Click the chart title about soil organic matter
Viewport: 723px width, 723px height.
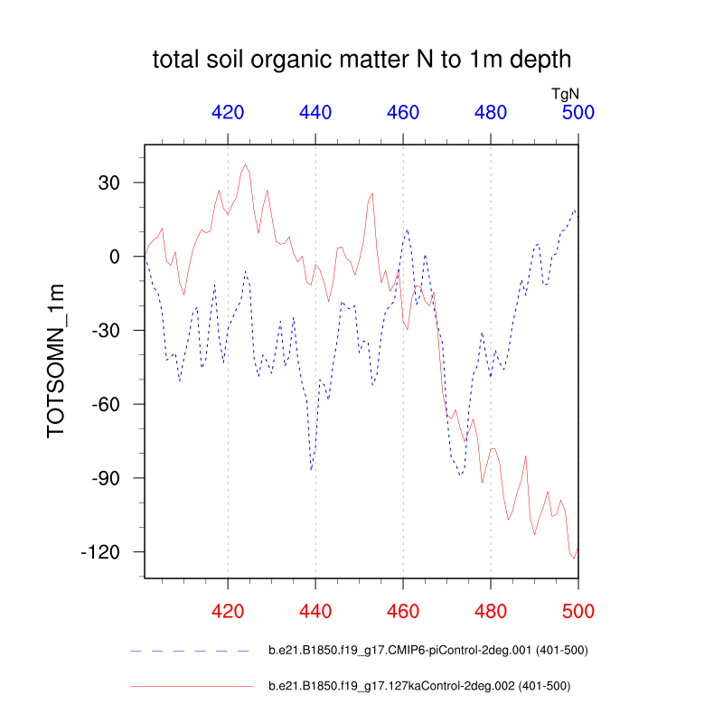[x=361, y=61]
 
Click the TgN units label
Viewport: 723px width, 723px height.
[x=565, y=93]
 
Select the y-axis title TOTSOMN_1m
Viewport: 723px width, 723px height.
[x=57, y=360]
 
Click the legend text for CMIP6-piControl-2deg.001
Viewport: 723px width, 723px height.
[x=429, y=650]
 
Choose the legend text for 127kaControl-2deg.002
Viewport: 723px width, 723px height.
[x=419, y=686]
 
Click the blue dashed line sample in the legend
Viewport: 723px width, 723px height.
[x=189, y=650]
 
